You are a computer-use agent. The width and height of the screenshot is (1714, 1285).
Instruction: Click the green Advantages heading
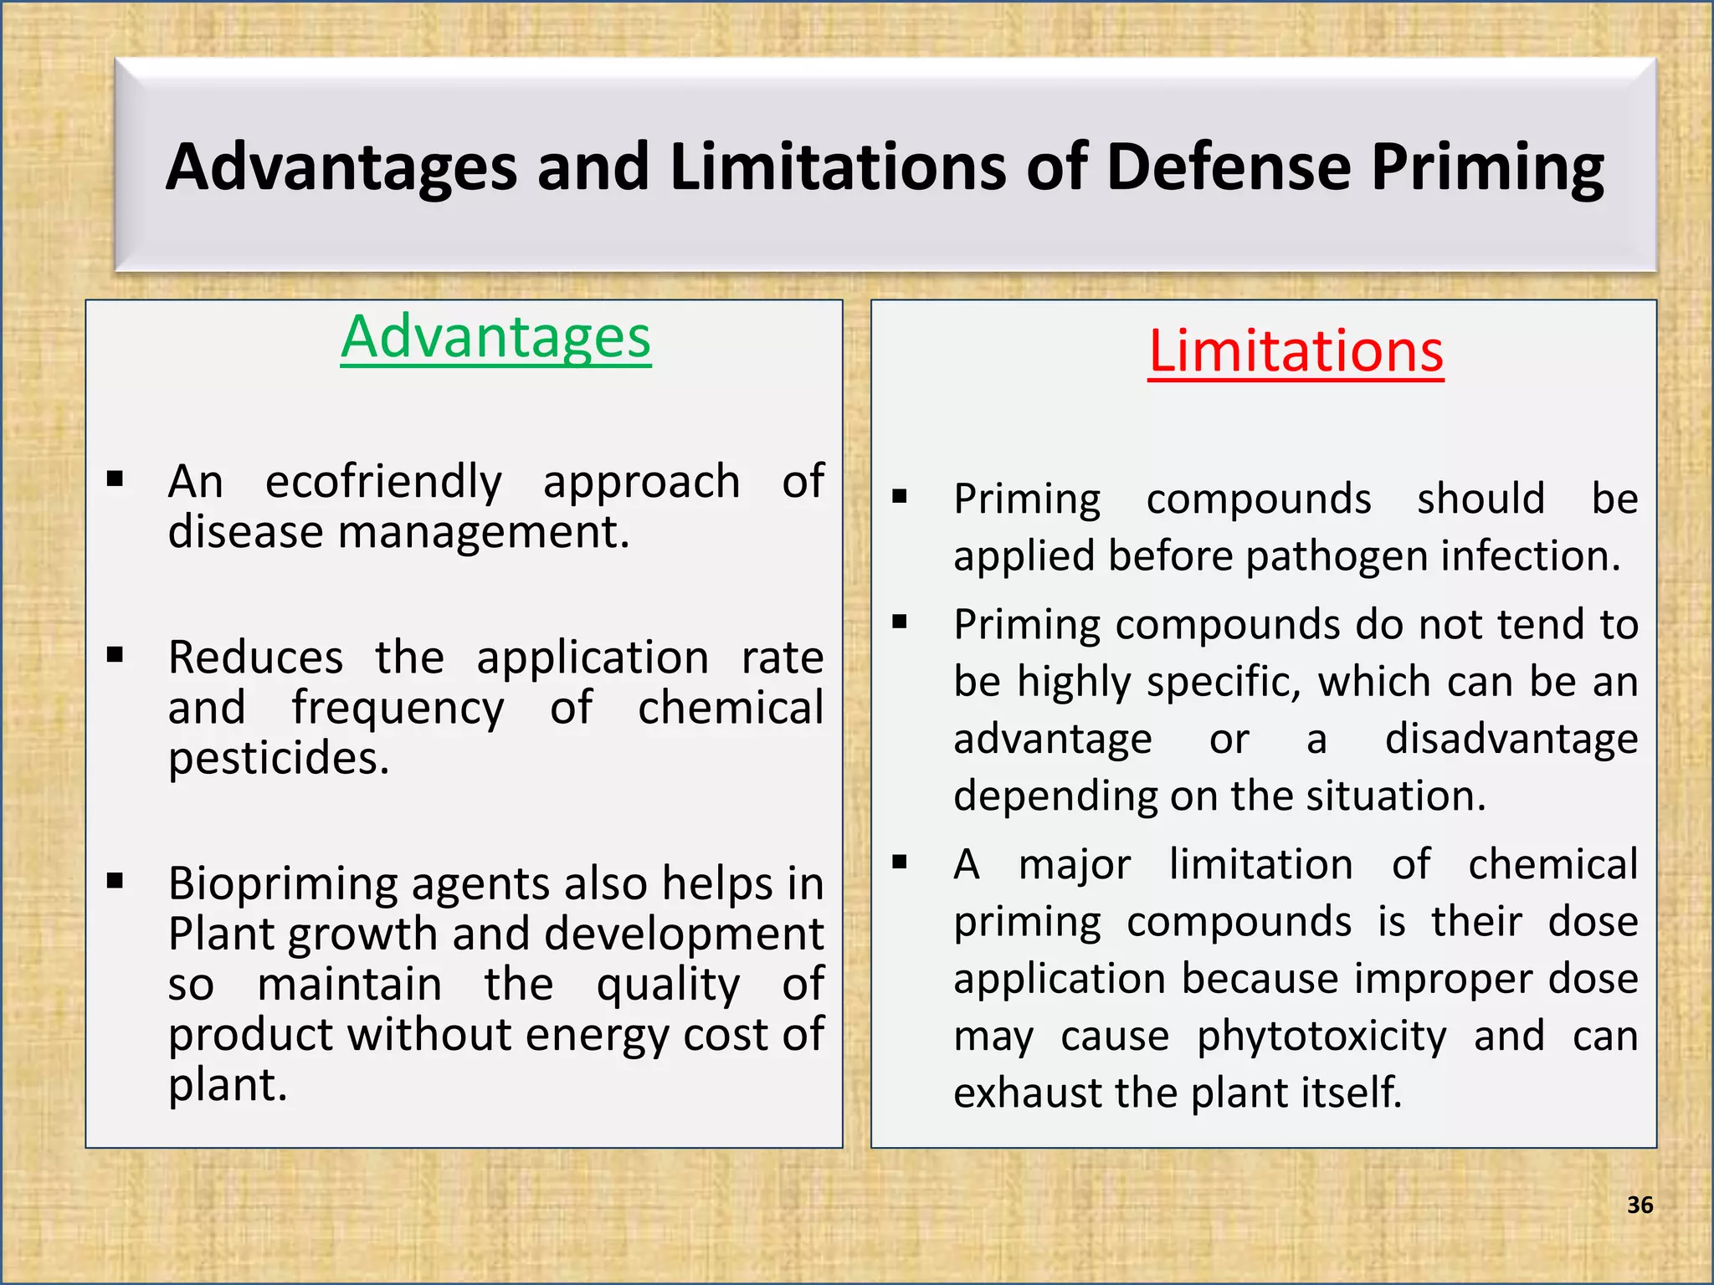pyautogui.click(x=495, y=337)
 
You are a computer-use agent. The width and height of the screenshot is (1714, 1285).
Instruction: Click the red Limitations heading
pyautogui.click(x=1296, y=351)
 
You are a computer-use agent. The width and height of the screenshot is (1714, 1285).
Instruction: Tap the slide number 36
pyautogui.click(x=1640, y=1205)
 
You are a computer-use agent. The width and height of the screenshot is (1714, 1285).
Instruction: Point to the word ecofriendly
pyautogui.click(x=383, y=482)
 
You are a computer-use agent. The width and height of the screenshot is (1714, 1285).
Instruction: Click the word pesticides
pyautogui.click(x=279, y=759)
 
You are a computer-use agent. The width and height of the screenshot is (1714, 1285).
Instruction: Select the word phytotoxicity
pyautogui.click(x=1321, y=1037)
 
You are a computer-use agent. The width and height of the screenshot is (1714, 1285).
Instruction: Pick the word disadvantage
pyautogui.click(x=1511, y=740)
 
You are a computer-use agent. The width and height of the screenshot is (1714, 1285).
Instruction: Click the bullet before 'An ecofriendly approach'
pyautogui.click(x=115, y=479)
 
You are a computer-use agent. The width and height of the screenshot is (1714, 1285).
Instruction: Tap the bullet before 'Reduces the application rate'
pyautogui.click(x=115, y=655)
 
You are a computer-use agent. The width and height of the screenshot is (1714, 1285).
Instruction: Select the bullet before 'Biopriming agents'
pyautogui.click(x=115, y=881)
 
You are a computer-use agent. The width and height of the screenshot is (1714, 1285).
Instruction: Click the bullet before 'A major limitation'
pyautogui.click(x=900, y=863)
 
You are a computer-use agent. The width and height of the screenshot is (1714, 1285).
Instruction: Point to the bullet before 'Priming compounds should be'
pyautogui.click(x=900, y=497)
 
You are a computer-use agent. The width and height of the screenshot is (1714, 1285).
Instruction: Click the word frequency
pyautogui.click(x=398, y=709)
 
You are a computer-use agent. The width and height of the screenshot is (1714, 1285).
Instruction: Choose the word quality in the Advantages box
pyautogui.click(x=668, y=985)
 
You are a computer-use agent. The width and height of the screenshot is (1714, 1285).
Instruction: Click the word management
pyautogui.click(x=483, y=533)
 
